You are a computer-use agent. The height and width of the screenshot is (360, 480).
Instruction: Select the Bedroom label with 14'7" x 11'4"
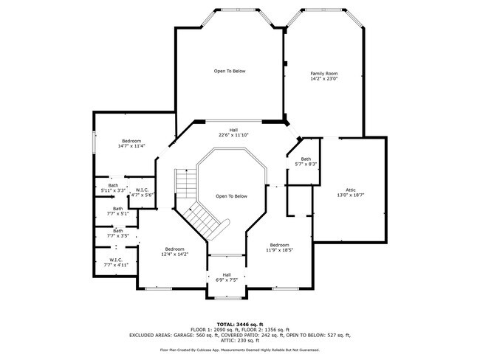point(131,143)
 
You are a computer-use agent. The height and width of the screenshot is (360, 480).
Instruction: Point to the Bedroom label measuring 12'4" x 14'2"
point(174,251)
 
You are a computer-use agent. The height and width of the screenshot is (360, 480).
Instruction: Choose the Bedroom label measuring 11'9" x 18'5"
point(279,248)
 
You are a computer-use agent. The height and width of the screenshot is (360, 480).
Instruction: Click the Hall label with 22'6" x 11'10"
point(233,133)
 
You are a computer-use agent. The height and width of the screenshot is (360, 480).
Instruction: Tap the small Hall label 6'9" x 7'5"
point(227,277)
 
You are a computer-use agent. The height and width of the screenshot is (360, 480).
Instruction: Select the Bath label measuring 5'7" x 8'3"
point(305,162)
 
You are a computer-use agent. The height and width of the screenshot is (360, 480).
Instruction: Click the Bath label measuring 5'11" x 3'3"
point(113,188)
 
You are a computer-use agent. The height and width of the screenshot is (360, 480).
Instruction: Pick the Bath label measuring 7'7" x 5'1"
point(118,211)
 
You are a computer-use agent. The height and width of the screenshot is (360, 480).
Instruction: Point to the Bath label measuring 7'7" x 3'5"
point(118,233)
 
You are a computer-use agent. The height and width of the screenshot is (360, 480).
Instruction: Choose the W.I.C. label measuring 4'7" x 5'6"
point(142,193)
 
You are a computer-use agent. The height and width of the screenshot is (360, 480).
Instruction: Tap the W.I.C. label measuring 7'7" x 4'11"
point(116,262)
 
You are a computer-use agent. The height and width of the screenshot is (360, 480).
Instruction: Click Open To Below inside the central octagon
point(231,196)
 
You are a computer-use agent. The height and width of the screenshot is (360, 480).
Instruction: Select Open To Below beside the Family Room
point(230,71)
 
